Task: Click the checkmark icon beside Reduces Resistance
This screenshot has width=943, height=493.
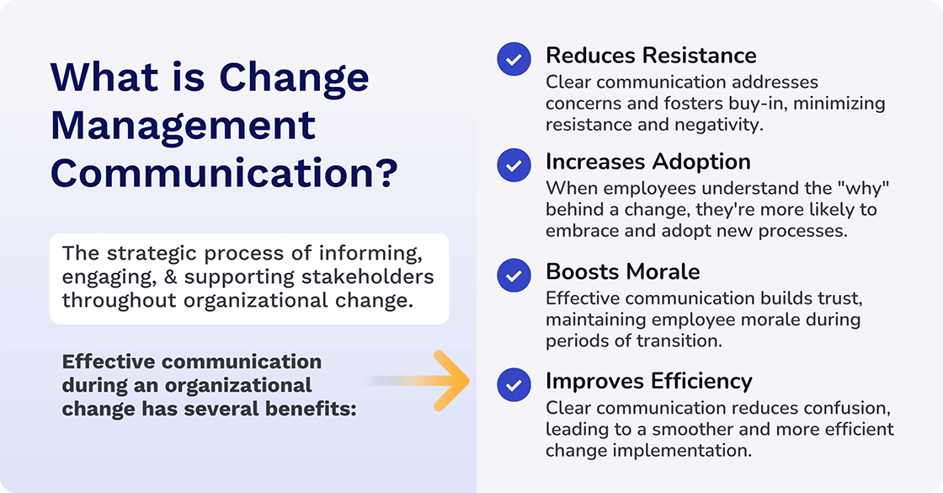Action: point(514,59)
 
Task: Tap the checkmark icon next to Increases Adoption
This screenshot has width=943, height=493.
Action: point(514,164)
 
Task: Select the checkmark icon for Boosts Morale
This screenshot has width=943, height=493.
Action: point(514,275)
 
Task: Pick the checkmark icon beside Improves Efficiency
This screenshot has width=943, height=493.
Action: point(514,383)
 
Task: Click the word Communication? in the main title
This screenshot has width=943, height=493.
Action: point(223,174)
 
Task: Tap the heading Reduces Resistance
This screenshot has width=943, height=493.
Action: point(651,56)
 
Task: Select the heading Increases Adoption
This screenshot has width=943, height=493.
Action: point(647,161)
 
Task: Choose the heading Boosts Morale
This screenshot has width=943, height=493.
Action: point(622,271)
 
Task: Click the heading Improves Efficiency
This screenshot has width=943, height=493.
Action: point(648,381)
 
